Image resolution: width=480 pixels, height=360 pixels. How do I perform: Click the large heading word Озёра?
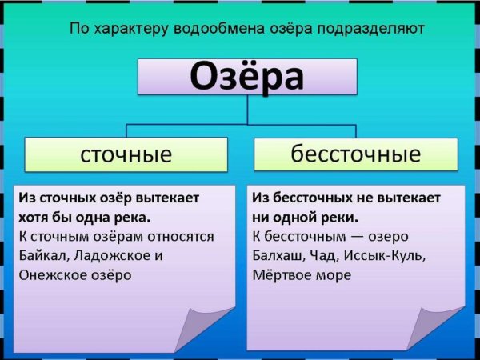pos(247,77)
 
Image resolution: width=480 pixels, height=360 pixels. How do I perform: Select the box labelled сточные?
pos(126,154)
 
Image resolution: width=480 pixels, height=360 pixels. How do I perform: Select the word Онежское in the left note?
pos(54,274)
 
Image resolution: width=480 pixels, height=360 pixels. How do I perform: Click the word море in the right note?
pos(337,274)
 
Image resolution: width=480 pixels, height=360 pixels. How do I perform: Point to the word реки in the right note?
pos(339,217)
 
